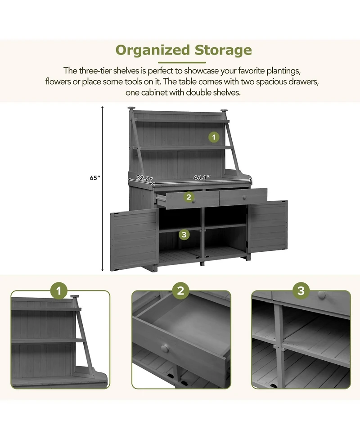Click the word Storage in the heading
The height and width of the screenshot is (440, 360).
click(x=223, y=50)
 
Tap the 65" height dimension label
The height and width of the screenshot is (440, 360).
click(x=94, y=178)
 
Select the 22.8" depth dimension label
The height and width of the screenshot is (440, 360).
click(x=145, y=178)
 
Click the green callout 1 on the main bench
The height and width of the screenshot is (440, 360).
click(x=214, y=137)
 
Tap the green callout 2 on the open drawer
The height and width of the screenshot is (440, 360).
click(x=189, y=197)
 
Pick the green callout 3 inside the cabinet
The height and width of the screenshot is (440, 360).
click(x=183, y=234)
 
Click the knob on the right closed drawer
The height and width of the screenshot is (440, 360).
click(x=244, y=198)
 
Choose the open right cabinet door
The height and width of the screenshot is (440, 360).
click(x=267, y=226)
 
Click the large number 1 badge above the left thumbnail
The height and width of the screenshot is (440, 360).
click(x=59, y=291)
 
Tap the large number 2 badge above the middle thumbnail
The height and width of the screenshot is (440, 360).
click(x=180, y=291)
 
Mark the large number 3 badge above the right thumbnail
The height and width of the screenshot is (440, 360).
click(x=301, y=291)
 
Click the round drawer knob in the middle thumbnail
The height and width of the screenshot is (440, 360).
click(x=165, y=349)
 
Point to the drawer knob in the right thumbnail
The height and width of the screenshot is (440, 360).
click(x=321, y=295)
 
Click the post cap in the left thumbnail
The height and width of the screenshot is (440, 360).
click(x=75, y=298)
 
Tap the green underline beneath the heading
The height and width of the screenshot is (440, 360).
click(x=184, y=63)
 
